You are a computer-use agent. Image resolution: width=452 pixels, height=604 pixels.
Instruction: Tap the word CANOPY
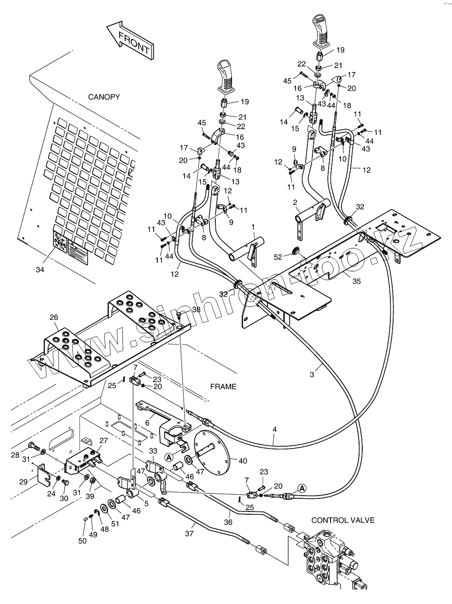pyautogui.click(x=104, y=97)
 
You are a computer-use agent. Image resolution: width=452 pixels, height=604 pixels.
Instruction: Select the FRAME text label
pyautogui.click(x=223, y=386)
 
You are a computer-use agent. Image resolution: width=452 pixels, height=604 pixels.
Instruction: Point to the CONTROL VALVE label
pyautogui.click(x=343, y=520)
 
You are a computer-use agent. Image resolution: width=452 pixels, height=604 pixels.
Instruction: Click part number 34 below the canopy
pyautogui.click(x=40, y=270)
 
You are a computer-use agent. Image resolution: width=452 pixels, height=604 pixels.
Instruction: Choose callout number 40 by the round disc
pyautogui.click(x=243, y=461)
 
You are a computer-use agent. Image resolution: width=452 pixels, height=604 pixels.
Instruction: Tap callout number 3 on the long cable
pyautogui.click(x=311, y=374)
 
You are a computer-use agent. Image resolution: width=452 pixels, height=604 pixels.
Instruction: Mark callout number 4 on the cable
pyautogui.click(x=275, y=429)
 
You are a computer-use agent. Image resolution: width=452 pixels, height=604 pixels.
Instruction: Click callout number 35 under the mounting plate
pyautogui.click(x=356, y=281)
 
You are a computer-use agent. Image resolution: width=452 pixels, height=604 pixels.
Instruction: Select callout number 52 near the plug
pyautogui.click(x=278, y=257)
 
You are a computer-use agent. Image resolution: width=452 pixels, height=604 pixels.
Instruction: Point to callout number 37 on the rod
pyautogui.click(x=189, y=534)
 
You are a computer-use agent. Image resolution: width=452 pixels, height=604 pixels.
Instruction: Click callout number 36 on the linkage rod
pyautogui.click(x=228, y=522)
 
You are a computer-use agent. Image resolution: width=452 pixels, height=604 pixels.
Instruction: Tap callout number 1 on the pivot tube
pyautogui.click(x=253, y=226)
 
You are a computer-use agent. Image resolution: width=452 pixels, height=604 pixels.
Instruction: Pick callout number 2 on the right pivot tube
pyautogui.click(x=295, y=202)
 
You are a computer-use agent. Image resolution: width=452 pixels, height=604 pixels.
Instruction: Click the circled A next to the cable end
pyautogui.click(x=302, y=488)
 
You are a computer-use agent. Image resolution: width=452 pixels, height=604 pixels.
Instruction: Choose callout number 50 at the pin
pyautogui.click(x=82, y=541)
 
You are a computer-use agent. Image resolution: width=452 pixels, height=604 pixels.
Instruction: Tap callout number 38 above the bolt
pyautogui.click(x=196, y=310)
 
